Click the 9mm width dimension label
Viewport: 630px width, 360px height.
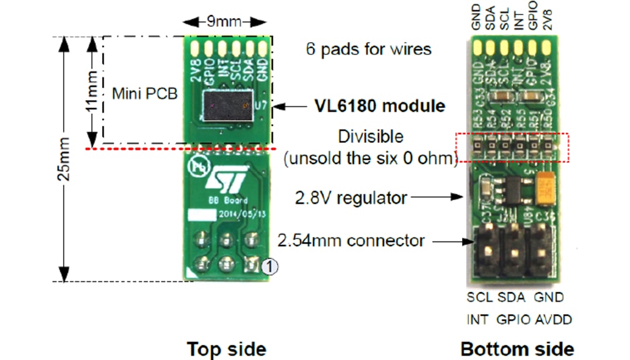[x=227, y=22]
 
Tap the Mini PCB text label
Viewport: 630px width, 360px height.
[x=144, y=93]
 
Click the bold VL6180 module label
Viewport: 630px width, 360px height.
[x=380, y=106]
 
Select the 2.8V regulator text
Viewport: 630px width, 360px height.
[x=351, y=197]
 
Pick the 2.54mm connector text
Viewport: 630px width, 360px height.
[x=351, y=240]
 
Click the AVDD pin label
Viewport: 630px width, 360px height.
[x=554, y=319]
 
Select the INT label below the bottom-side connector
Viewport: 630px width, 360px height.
[x=477, y=319]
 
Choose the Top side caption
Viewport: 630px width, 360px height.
[x=226, y=349]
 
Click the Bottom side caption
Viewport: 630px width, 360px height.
[x=517, y=349]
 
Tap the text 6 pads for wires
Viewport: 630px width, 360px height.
[x=369, y=49]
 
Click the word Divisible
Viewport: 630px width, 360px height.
[x=370, y=137]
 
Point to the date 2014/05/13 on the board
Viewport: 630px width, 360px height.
[x=236, y=214]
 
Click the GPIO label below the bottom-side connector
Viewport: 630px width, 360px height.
[x=513, y=319]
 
